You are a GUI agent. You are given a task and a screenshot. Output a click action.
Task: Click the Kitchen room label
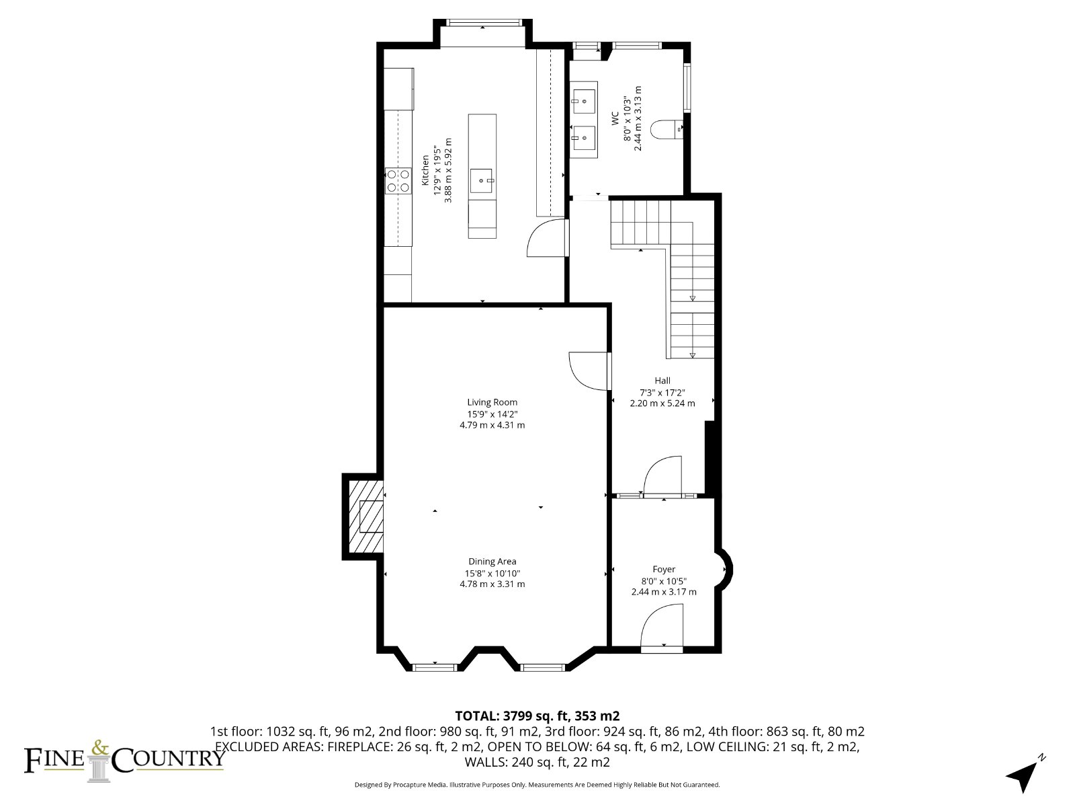click(x=425, y=170)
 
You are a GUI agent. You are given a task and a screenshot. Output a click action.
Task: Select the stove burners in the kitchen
click(x=398, y=181)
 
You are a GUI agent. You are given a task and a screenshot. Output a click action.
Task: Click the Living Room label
click(x=492, y=402)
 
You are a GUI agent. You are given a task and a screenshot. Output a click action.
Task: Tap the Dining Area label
click(x=492, y=562)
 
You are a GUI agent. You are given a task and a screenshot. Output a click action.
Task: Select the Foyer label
click(x=664, y=570)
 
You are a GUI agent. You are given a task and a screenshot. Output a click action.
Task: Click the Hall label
click(x=662, y=380)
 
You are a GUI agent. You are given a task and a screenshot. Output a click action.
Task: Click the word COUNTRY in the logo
click(x=168, y=758)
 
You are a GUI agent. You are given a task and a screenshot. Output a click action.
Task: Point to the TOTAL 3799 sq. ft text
click(x=537, y=716)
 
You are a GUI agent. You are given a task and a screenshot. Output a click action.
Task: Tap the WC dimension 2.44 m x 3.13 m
click(x=638, y=118)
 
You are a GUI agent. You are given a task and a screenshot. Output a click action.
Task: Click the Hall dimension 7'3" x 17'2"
click(x=662, y=393)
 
